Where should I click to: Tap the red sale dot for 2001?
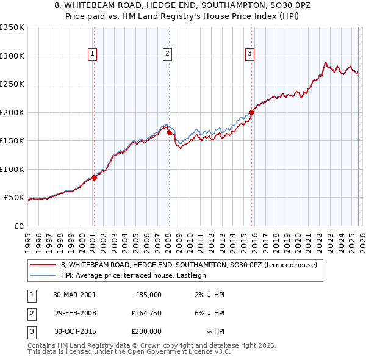pos(95,178)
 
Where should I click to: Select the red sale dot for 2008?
pos(169,132)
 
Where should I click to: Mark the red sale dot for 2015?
pos(251,112)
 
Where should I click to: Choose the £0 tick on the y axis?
pos(19,226)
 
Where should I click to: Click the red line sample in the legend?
pos(43,265)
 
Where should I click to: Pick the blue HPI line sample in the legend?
pos(43,275)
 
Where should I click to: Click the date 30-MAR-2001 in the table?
pos(74,295)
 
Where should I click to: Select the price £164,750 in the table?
pos(147,313)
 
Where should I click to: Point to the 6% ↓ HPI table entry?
pos(210,313)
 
